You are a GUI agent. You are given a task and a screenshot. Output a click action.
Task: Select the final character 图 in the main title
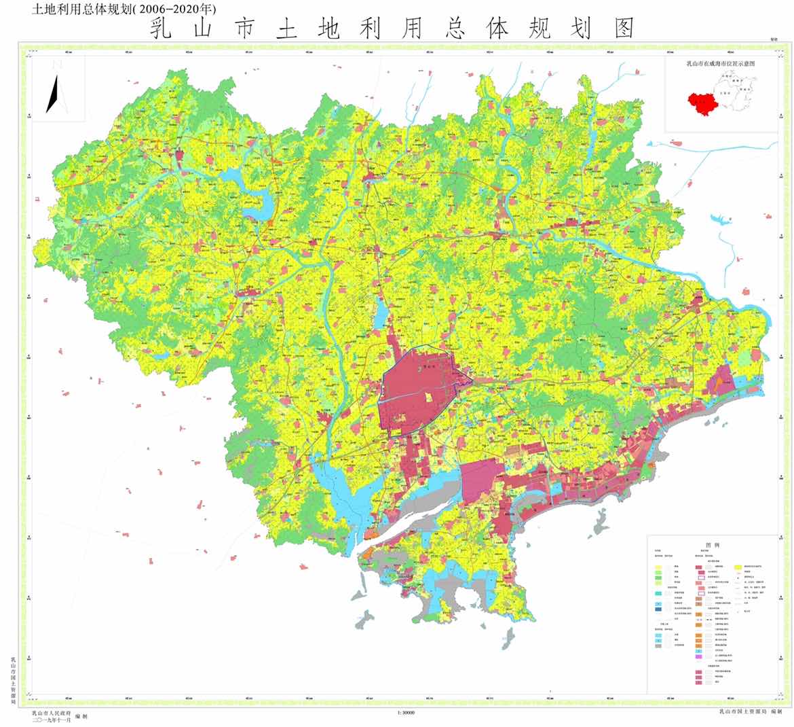pos(622,29)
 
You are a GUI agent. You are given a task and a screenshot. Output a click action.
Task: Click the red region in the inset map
pos(702,103)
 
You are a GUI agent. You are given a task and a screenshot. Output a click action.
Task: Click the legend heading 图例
pos(711,545)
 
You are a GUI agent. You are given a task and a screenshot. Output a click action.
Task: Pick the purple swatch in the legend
pos(698,657)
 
